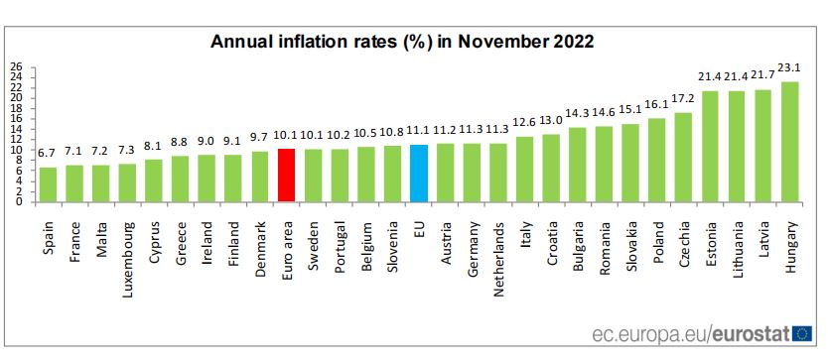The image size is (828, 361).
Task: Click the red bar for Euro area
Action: (x=286, y=176)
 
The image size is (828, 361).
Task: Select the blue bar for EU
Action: (x=418, y=174)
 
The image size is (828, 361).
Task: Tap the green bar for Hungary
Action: (x=790, y=142)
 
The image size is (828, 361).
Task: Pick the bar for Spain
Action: (x=48, y=184)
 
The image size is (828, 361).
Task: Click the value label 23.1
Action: (x=790, y=69)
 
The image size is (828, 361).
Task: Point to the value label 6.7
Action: (x=47, y=154)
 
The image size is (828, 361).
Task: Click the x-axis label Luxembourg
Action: (x=127, y=245)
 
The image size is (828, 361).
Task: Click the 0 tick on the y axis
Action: (x=19, y=201)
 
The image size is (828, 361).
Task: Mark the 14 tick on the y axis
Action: (x=16, y=131)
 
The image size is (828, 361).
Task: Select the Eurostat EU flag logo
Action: (x=803, y=334)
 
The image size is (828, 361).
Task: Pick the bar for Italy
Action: (x=524, y=170)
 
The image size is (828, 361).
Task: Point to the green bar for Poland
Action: (x=657, y=160)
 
